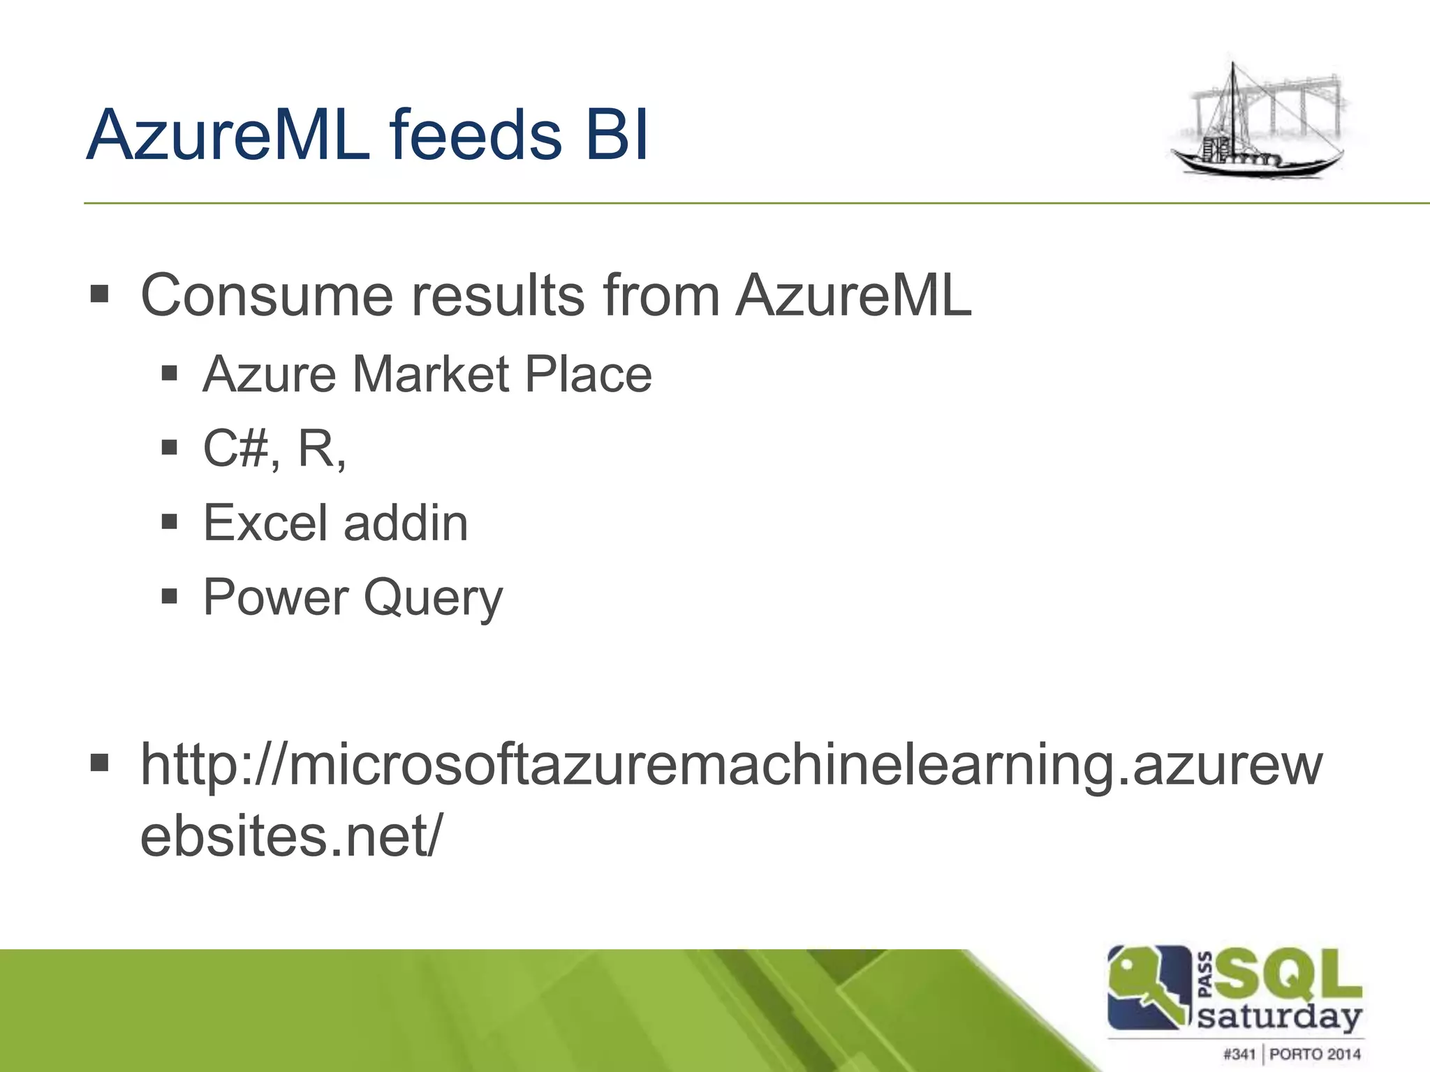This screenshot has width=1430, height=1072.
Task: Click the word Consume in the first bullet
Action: coord(267,295)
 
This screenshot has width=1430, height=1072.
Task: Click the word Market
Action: coord(431,375)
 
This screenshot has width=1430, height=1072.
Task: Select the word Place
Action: coord(588,375)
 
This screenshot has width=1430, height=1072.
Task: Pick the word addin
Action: coord(406,523)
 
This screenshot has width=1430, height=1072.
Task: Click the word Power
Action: coord(276,597)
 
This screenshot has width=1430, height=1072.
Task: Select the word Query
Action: coord(433,599)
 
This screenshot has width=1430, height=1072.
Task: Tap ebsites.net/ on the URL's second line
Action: coord(290,836)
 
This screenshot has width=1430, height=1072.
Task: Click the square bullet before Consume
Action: coord(100,295)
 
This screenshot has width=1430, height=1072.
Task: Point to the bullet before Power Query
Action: coord(170,597)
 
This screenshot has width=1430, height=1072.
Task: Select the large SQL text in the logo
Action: coord(1288,974)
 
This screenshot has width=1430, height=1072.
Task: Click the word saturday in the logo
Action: coord(1279,1017)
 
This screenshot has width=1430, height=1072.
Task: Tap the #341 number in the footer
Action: coord(1239,1054)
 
